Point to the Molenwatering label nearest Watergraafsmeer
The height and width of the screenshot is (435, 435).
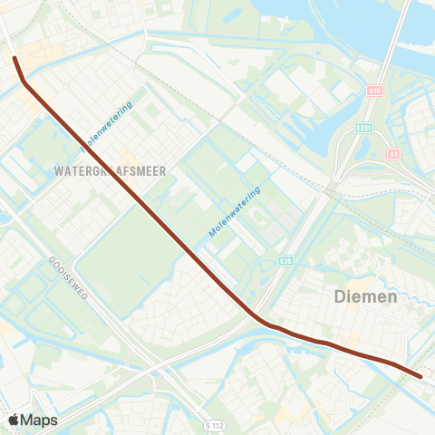tap(107, 127)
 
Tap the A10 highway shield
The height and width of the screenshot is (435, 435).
tap(375, 91)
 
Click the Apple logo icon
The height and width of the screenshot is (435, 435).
tap(14, 420)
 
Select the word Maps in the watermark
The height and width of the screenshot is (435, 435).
tap(40, 420)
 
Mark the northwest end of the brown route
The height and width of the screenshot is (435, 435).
tap(14, 58)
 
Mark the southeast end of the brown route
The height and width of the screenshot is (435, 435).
tap(420, 375)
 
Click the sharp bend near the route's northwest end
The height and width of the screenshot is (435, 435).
tap(24, 85)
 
